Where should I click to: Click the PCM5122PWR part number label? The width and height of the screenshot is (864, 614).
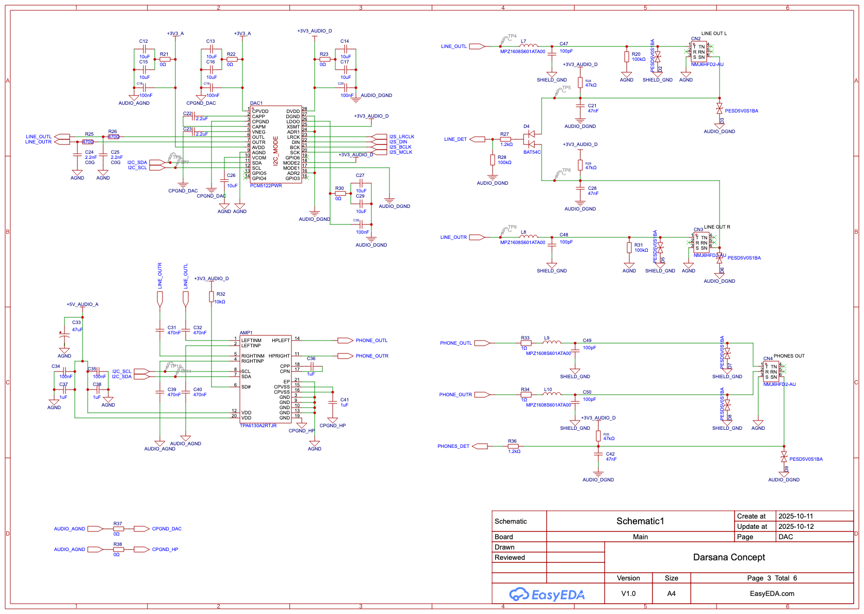click(x=266, y=186)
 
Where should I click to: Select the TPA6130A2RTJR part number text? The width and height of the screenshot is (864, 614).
click(x=258, y=426)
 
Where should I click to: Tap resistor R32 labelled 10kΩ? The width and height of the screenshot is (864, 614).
click(x=211, y=297)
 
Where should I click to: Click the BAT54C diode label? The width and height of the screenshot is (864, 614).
click(x=532, y=152)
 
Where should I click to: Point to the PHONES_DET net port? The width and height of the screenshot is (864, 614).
click(x=480, y=446)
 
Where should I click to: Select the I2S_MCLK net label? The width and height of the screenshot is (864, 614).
click(x=401, y=152)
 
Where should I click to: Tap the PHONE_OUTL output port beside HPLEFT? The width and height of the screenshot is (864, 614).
click(x=345, y=341)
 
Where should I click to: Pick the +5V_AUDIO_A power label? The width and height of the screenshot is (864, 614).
click(x=82, y=304)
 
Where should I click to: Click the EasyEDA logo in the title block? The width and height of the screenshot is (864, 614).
click(x=547, y=594)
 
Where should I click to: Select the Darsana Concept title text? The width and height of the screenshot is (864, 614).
click(x=728, y=557)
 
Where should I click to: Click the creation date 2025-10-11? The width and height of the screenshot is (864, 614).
click(x=795, y=516)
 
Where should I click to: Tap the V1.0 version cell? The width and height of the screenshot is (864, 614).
click(x=628, y=593)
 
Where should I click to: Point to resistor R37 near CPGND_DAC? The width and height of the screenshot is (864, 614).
click(x=118, y=529)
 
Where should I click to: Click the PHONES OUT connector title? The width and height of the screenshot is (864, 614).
click(x=789, y=356)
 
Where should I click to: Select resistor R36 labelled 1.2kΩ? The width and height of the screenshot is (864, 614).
click(x=513, y=446)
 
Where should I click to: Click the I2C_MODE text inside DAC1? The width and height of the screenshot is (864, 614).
click(x=275, y=151)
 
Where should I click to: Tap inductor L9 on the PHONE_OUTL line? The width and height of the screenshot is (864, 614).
click(x=552, y=342)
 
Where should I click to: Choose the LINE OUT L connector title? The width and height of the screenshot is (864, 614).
click(x=714, y=34)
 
